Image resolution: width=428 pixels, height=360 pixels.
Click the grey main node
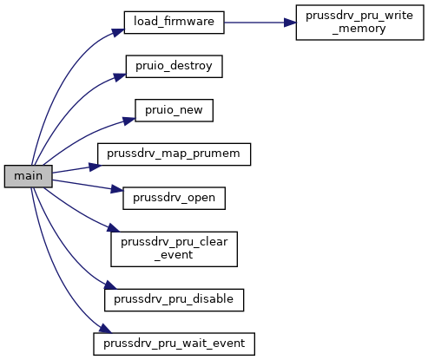(x=29, y=176)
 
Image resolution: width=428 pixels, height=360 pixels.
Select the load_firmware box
(x=174, y=23)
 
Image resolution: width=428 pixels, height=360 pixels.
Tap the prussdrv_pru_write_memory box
(x=359, y=23)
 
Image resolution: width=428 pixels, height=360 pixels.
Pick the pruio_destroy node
(x=174, y=67)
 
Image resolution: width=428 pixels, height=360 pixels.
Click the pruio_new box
(x=174, y=110)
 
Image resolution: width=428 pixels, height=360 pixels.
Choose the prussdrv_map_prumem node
(x=174, y=154)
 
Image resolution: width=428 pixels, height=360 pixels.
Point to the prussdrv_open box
(x=174, y=199)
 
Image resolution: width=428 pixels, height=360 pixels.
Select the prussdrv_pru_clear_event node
(x=174, y=249)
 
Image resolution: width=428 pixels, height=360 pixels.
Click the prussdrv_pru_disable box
(x=174, y=300)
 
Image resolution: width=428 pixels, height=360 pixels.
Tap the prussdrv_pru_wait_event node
(x=174, y=344)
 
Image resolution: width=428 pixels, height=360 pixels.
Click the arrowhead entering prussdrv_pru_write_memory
(x=290, y=23)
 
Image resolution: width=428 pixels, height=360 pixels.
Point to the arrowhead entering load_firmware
(x=118, y=32)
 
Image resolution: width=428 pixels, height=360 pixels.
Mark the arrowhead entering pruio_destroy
(x=120, y=77)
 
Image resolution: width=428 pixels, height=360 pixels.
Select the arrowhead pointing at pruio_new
(x=129, y=121)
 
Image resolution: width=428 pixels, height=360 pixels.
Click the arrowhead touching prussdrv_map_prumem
(x=95, y=167)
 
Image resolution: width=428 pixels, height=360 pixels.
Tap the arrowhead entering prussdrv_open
(x=117, y=189)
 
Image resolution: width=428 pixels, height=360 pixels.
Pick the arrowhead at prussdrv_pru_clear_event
(x=113, y=227)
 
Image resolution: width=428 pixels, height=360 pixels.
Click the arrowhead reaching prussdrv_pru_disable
(x=110, y=285)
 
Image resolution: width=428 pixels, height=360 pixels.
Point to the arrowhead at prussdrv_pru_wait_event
(x=105, y=329)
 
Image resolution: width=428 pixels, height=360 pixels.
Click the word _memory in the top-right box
(x=359, y=29)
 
